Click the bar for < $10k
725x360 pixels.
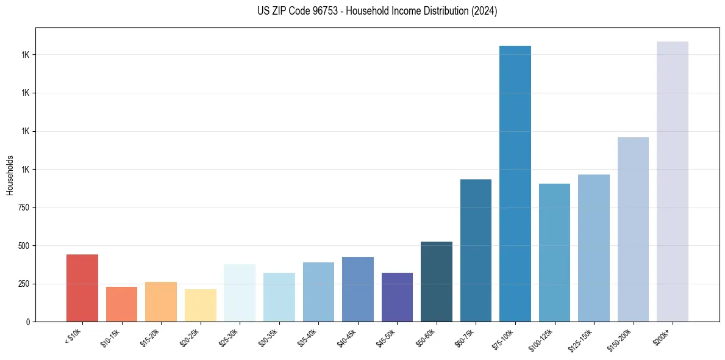pos(82,288)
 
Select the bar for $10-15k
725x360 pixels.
pos(121,304)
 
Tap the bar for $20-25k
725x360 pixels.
pos(200,305)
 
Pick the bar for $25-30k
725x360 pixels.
pos(240,293)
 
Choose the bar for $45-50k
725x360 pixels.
pos(397,297)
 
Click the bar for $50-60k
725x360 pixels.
pos(437,281)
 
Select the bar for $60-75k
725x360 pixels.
pos(476,250)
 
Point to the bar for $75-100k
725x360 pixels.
pos(515,183)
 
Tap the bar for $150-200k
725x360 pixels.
pos(633,229)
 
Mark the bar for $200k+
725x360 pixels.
pos(673,181)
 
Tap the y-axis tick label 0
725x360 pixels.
pos(28,322)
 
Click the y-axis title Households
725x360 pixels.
pos(10,175)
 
